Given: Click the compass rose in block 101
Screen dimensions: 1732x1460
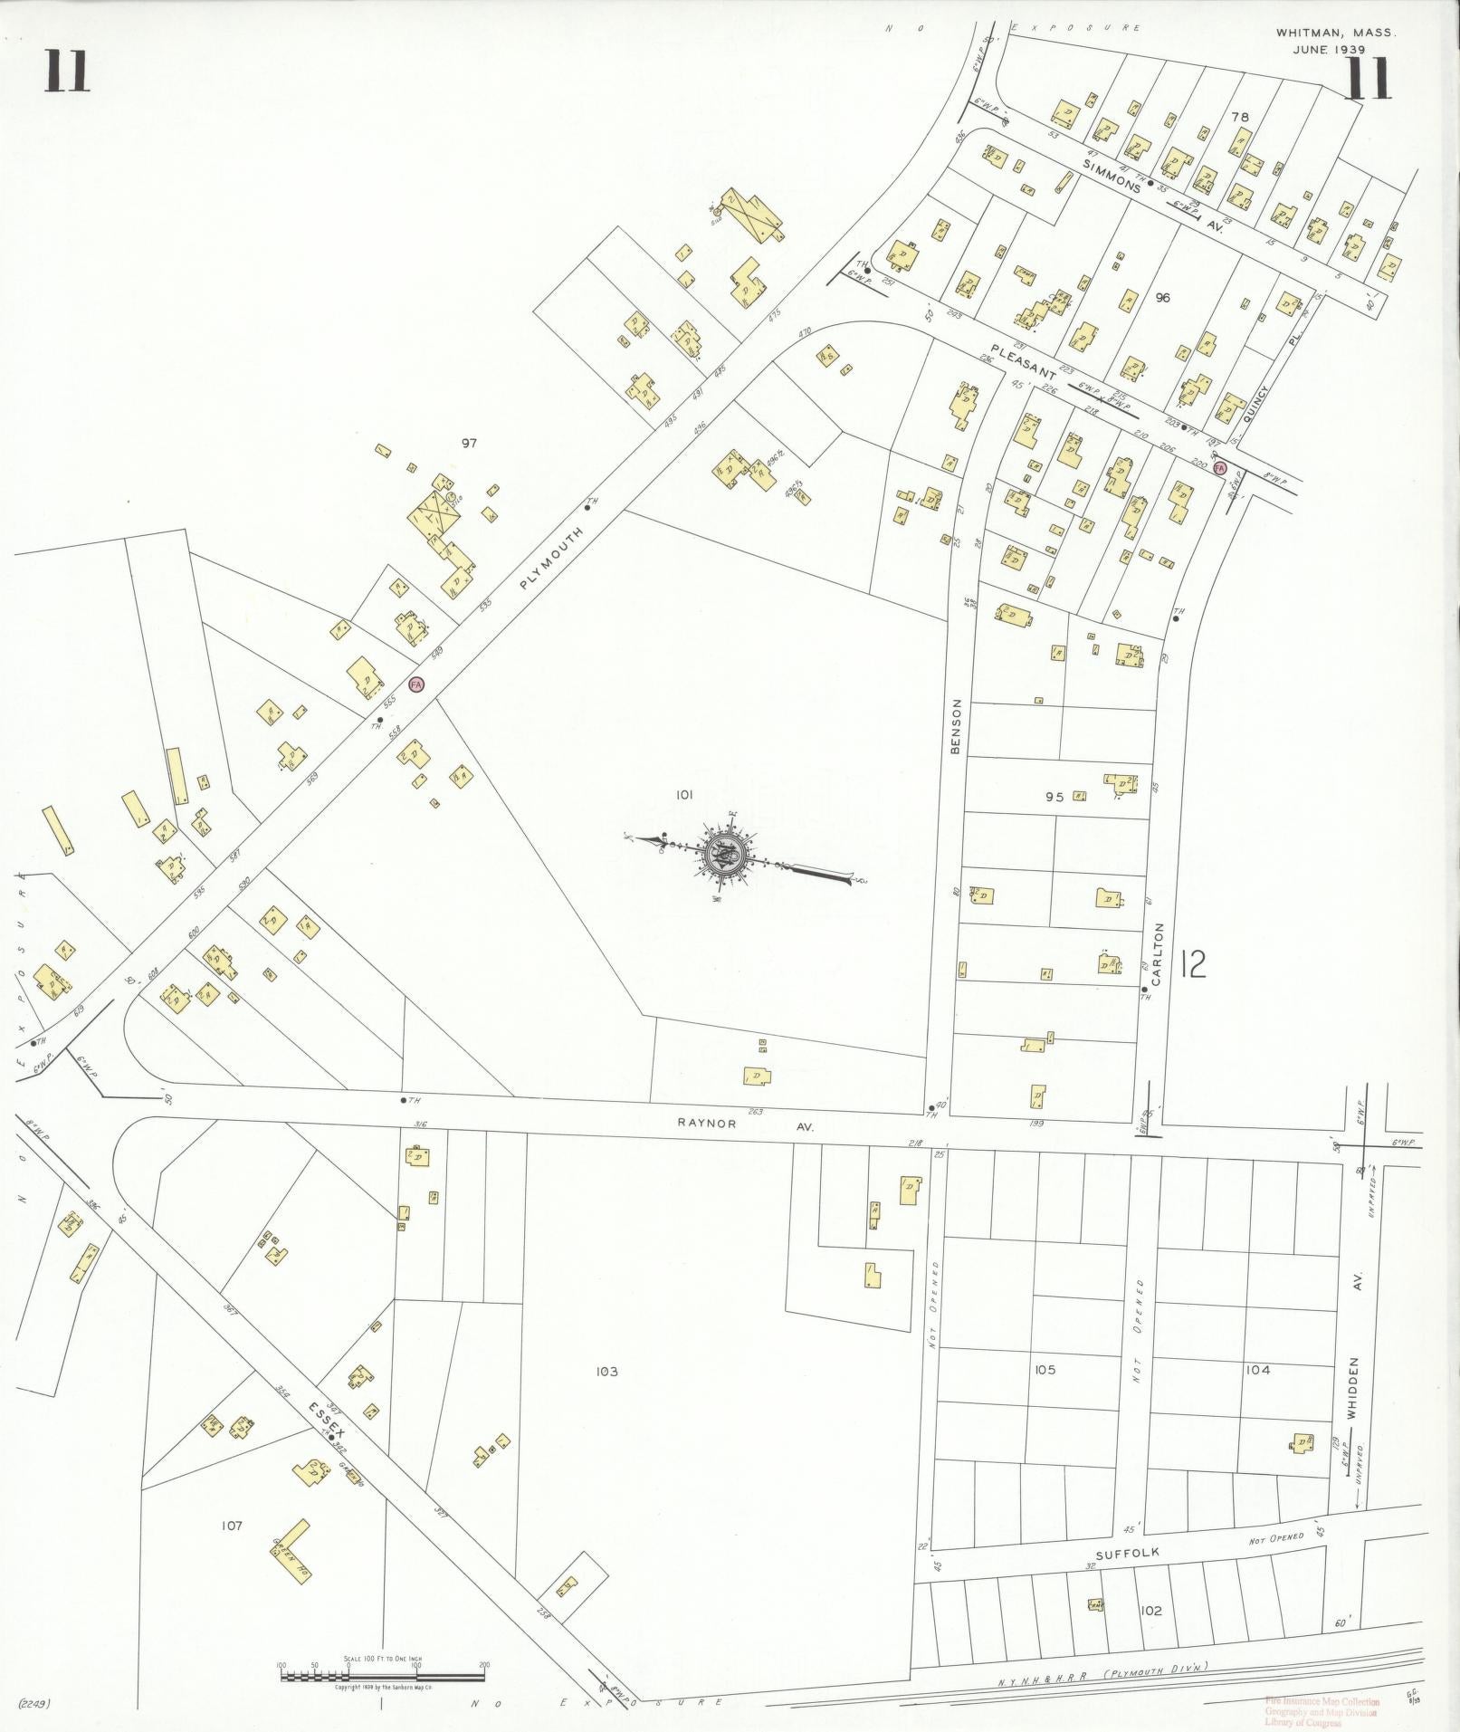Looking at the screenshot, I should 725,854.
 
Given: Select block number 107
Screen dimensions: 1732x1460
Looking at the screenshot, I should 232,1526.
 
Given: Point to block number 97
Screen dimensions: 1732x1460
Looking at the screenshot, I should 469,443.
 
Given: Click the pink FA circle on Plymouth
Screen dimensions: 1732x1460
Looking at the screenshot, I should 416,684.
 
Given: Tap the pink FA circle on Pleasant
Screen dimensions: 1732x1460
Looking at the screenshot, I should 1219,468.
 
